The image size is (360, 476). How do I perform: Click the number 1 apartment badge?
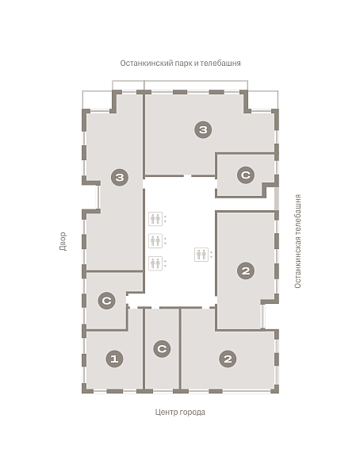tap(114, 359)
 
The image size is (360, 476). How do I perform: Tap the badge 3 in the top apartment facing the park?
tap(203, 129)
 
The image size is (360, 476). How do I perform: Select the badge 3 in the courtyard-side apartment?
tap(120, 177)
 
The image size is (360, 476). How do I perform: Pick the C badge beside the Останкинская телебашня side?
tap(246, 175)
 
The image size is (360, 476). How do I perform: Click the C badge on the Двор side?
tap(106, 301)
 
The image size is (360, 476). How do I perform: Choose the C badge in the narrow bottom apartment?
tap(162, 348)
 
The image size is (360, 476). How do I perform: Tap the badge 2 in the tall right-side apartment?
tap(246, 271)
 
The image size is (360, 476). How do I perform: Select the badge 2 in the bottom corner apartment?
tap(228, 359)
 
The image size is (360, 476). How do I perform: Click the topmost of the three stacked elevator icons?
tap(155, 219)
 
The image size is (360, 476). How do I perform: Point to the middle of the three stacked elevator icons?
tap(155, 240)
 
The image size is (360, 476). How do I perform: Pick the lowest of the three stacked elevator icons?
tap(155, 263)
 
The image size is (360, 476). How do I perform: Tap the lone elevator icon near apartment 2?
tap(201, 255)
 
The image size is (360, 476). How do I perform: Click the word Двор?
tap(63, 241)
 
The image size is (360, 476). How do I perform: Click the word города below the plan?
tap(193, 413)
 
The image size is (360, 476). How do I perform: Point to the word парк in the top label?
tap(182, 63)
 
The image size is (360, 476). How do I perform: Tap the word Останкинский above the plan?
tap(147, 63)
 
